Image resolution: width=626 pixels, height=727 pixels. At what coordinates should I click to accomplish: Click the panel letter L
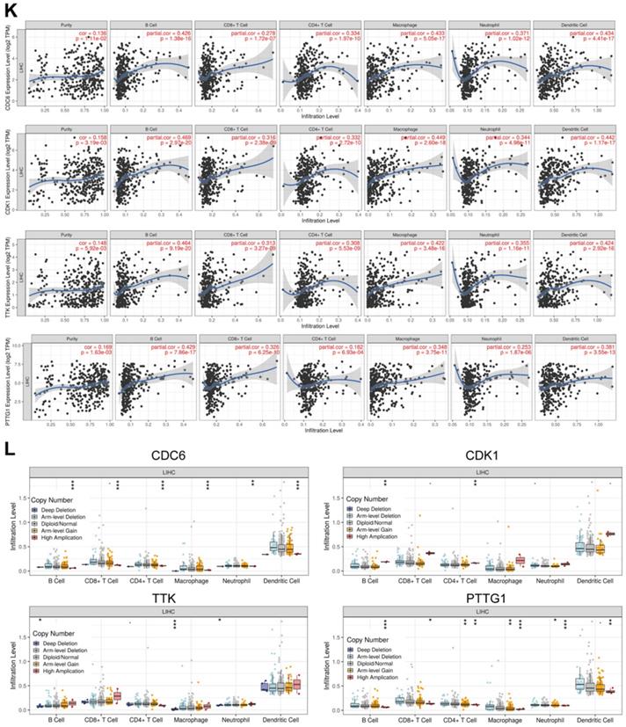(x=10, y=449)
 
